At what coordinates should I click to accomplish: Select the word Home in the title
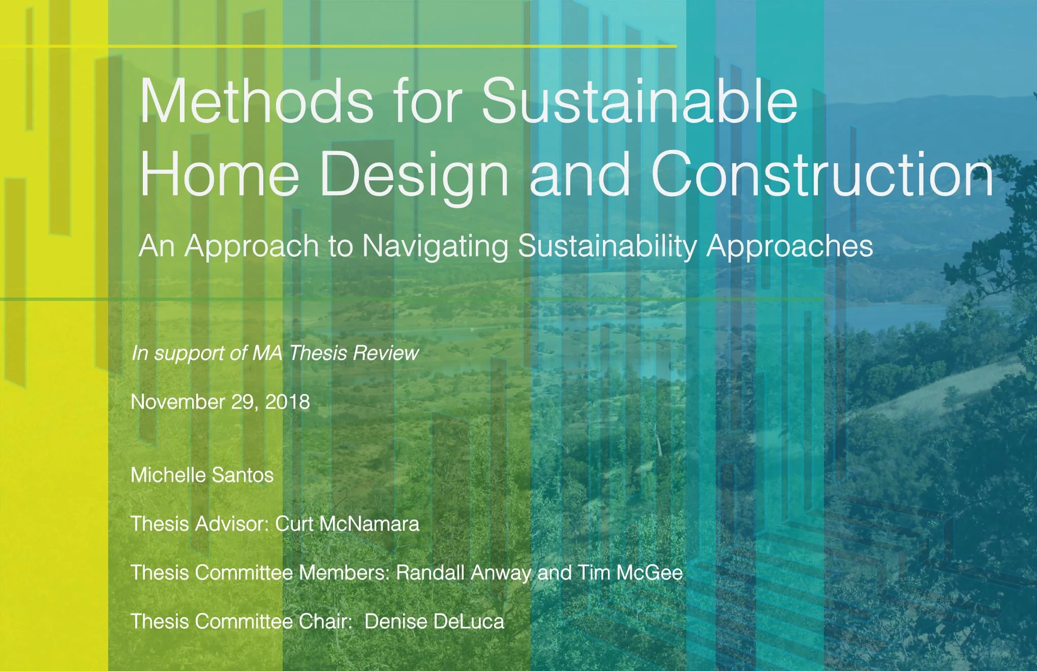coord(219,173)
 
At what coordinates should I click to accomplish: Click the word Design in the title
coord(414,173)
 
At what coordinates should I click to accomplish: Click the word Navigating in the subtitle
coord(435,246)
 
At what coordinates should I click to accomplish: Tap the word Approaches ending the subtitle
coord(789,246)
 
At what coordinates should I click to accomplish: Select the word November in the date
coord(178,402)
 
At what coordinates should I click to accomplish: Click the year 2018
coord(287,402)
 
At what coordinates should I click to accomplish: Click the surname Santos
coord(242,475)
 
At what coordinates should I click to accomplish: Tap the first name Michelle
coord(168,475)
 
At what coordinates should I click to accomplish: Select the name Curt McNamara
coord(347,524)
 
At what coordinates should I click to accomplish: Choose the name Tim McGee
coord(630,573)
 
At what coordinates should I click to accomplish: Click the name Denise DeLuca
coord(434,622)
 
